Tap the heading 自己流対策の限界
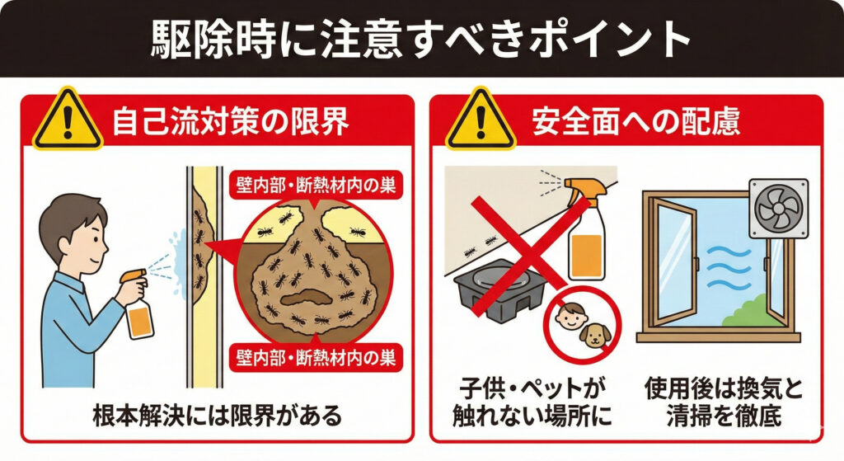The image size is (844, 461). click(x=231, y=122)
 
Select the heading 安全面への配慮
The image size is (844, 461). click(x=635, y=122)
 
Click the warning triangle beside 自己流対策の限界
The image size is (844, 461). click(x=68, y=119)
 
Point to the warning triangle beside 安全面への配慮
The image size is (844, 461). click(x=481, y=119)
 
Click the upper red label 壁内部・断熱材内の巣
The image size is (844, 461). click(x=316, y=186)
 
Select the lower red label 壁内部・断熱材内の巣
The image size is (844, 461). click(x=316, y=358)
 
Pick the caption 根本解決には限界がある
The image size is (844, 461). click(x=218, y=415)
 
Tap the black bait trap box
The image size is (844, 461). click(x=500, y=289)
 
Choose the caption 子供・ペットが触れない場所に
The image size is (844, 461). click(x=532, y=402)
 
